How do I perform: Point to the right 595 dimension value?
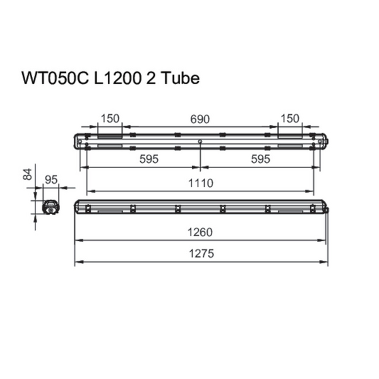click(259, 160)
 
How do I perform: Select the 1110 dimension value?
click(201, 183)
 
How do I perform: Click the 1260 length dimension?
click(201, 232)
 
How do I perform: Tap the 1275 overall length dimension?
click(201, 254)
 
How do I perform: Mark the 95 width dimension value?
click(52, 180)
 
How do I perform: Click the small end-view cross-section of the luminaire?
click(49, 207)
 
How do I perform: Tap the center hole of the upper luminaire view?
click(200, 141)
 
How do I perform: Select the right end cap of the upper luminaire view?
click(323, 140)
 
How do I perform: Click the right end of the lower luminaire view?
click(327, 207)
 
